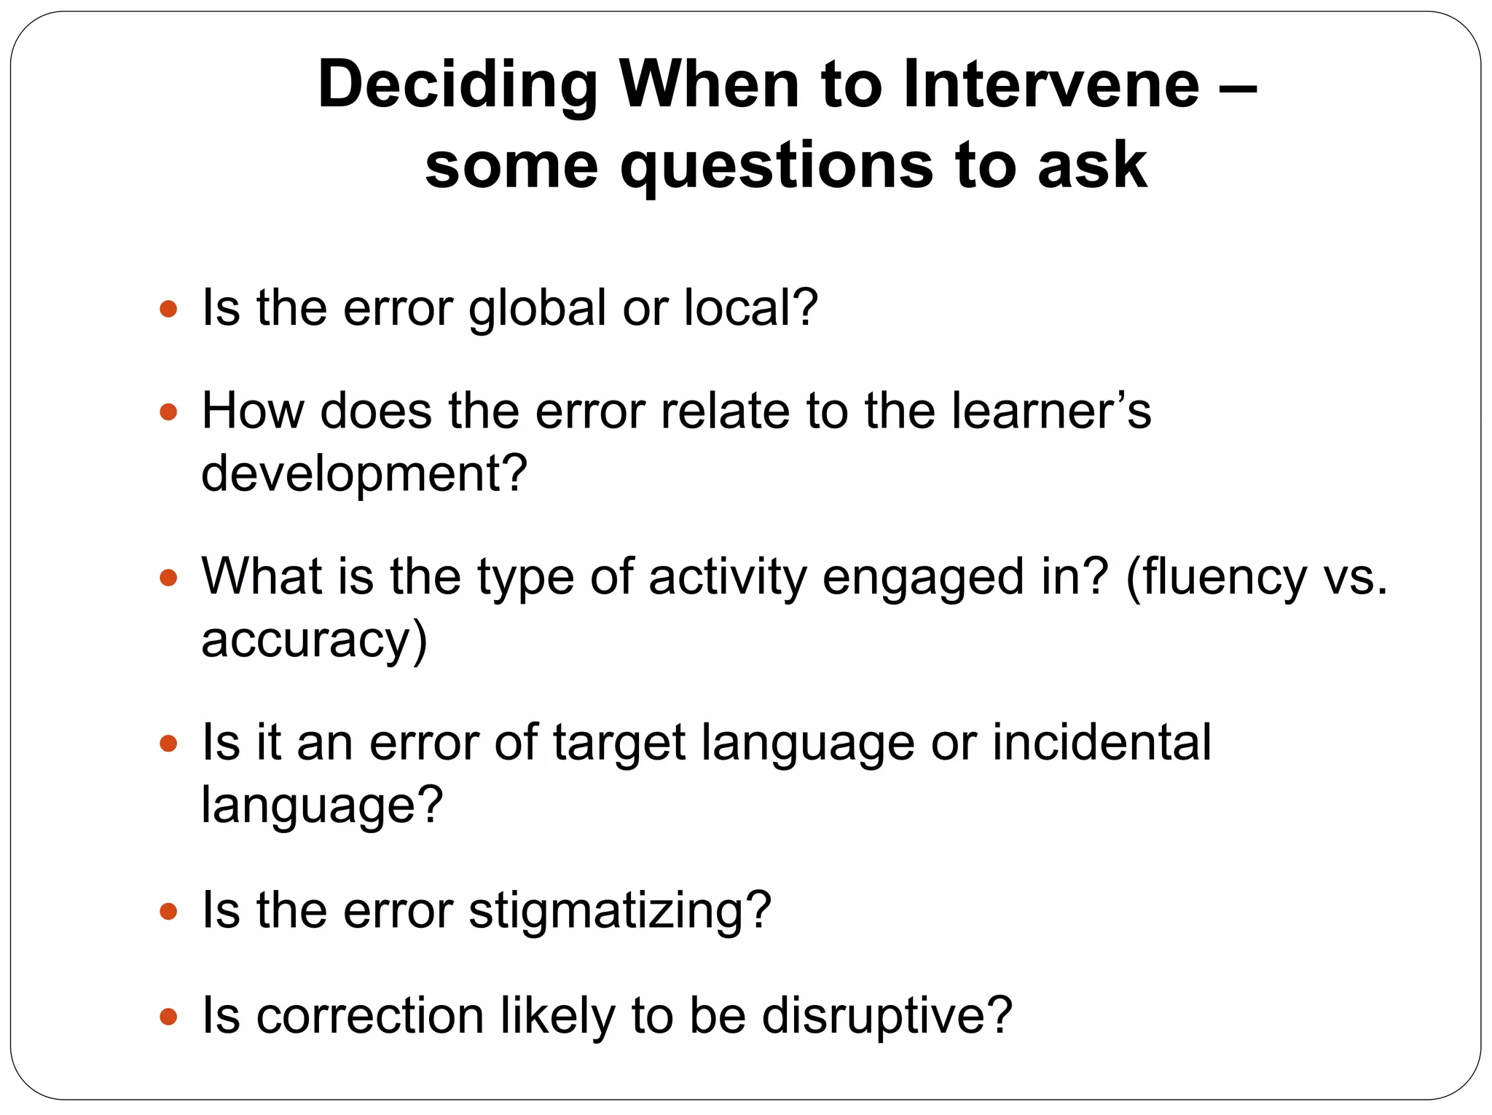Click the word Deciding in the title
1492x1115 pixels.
[458, 86]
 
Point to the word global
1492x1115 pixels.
[537, 309]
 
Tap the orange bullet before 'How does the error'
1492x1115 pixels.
[168, 412]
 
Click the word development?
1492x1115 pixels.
[364, 475]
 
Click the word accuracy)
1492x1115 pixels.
[314, 641]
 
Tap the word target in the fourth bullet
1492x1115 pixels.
[619, 744]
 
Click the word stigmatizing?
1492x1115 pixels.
[619, 912]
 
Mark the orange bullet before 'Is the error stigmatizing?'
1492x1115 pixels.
[168, 911]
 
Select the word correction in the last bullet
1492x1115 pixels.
[370, 1016]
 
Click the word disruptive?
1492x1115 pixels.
[887, 1016]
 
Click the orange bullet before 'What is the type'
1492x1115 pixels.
[168, 578]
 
